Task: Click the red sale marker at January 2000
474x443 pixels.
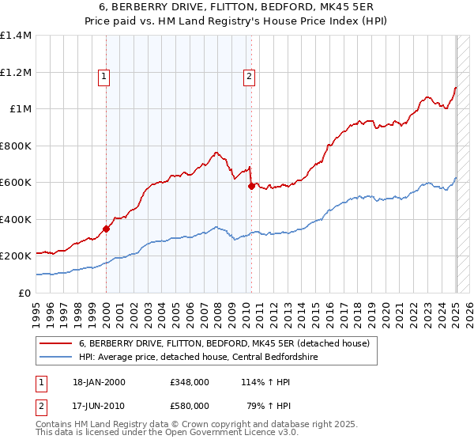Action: click(106, 229)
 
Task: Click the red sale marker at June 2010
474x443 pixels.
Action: click(251, 187)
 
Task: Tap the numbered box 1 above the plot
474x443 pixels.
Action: click(104, 77)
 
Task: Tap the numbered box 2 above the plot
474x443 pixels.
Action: click(249, 77)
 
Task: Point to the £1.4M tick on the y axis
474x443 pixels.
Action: click(16, 36)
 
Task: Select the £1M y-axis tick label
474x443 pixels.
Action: click(20, 109)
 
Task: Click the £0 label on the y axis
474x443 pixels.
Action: click(26, 293)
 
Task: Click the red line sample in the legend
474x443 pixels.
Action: click(55, 343)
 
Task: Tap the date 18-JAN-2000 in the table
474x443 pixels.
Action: click(99, 382)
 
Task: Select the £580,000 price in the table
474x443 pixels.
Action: click(189, 405)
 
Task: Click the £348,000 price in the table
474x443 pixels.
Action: click(189, 382)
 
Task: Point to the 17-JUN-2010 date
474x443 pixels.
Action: click(99, 405)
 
